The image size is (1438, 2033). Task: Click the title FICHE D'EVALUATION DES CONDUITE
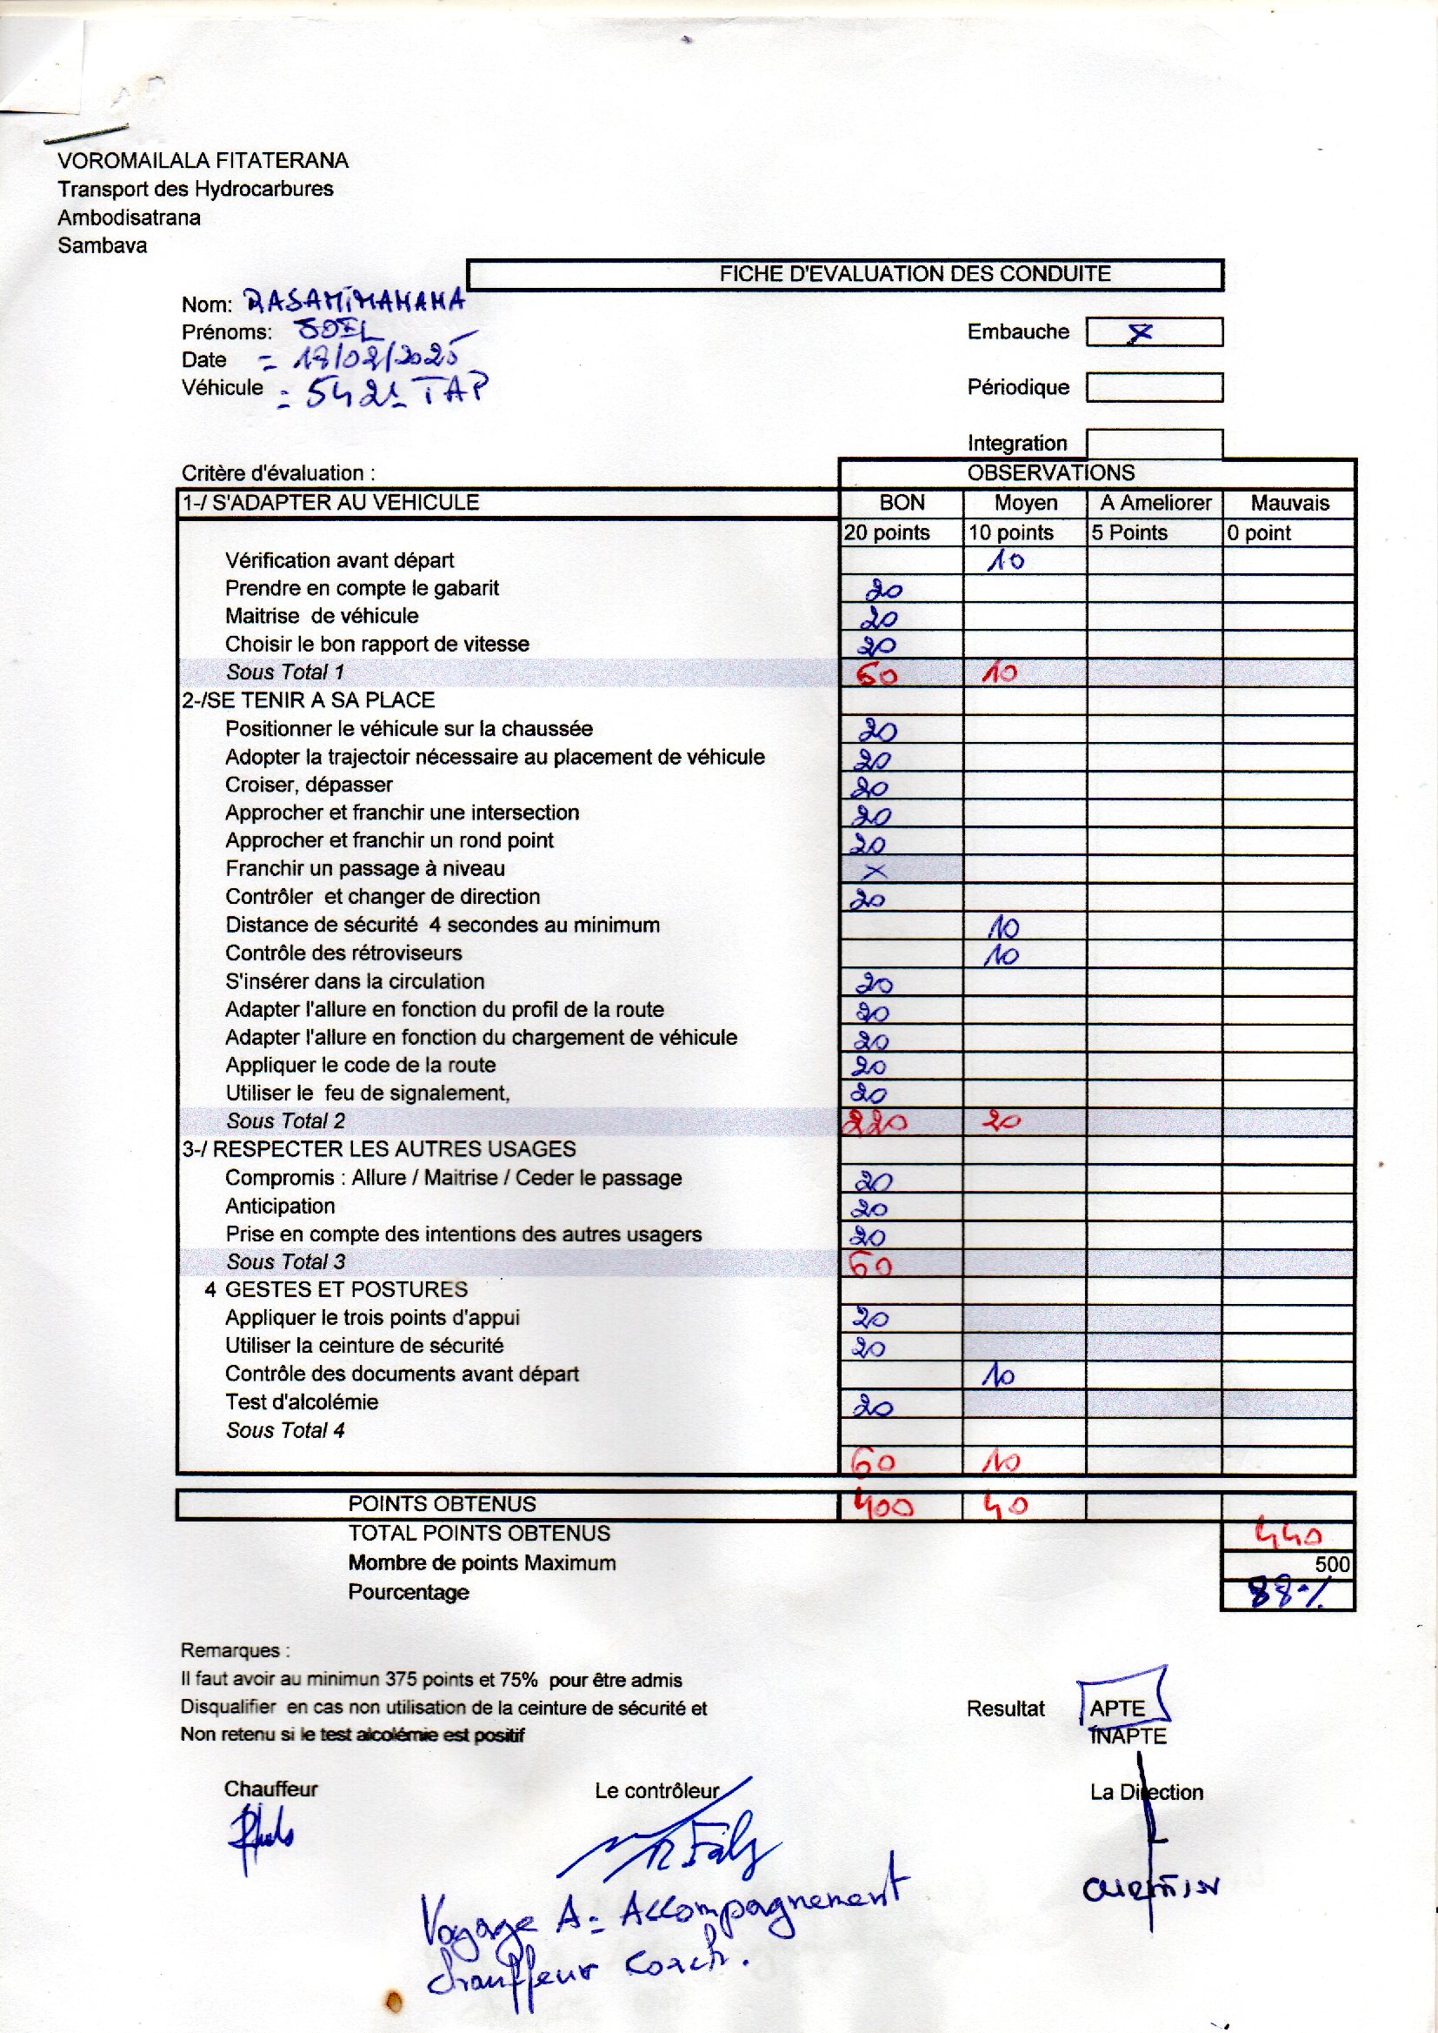(914, 274)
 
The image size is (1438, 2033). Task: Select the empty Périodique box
(1153, 387)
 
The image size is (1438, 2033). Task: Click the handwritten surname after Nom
(354, 300)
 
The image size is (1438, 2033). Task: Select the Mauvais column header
(1289, 503)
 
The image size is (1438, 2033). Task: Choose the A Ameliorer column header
(1155, 503)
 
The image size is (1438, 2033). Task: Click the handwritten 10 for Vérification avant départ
(1006, 561)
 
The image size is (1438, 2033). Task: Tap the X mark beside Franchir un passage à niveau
(874, 872)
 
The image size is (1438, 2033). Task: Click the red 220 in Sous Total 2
(875, 1123)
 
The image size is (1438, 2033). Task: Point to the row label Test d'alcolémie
(301, 1402)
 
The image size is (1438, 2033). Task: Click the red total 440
(1288, 1535)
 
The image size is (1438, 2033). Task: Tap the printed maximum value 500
(1332, 1564)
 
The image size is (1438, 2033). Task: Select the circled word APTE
(1117, 1708)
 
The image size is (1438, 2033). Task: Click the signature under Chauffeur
(261, 1840)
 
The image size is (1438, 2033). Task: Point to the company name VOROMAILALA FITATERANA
(203, 160)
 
